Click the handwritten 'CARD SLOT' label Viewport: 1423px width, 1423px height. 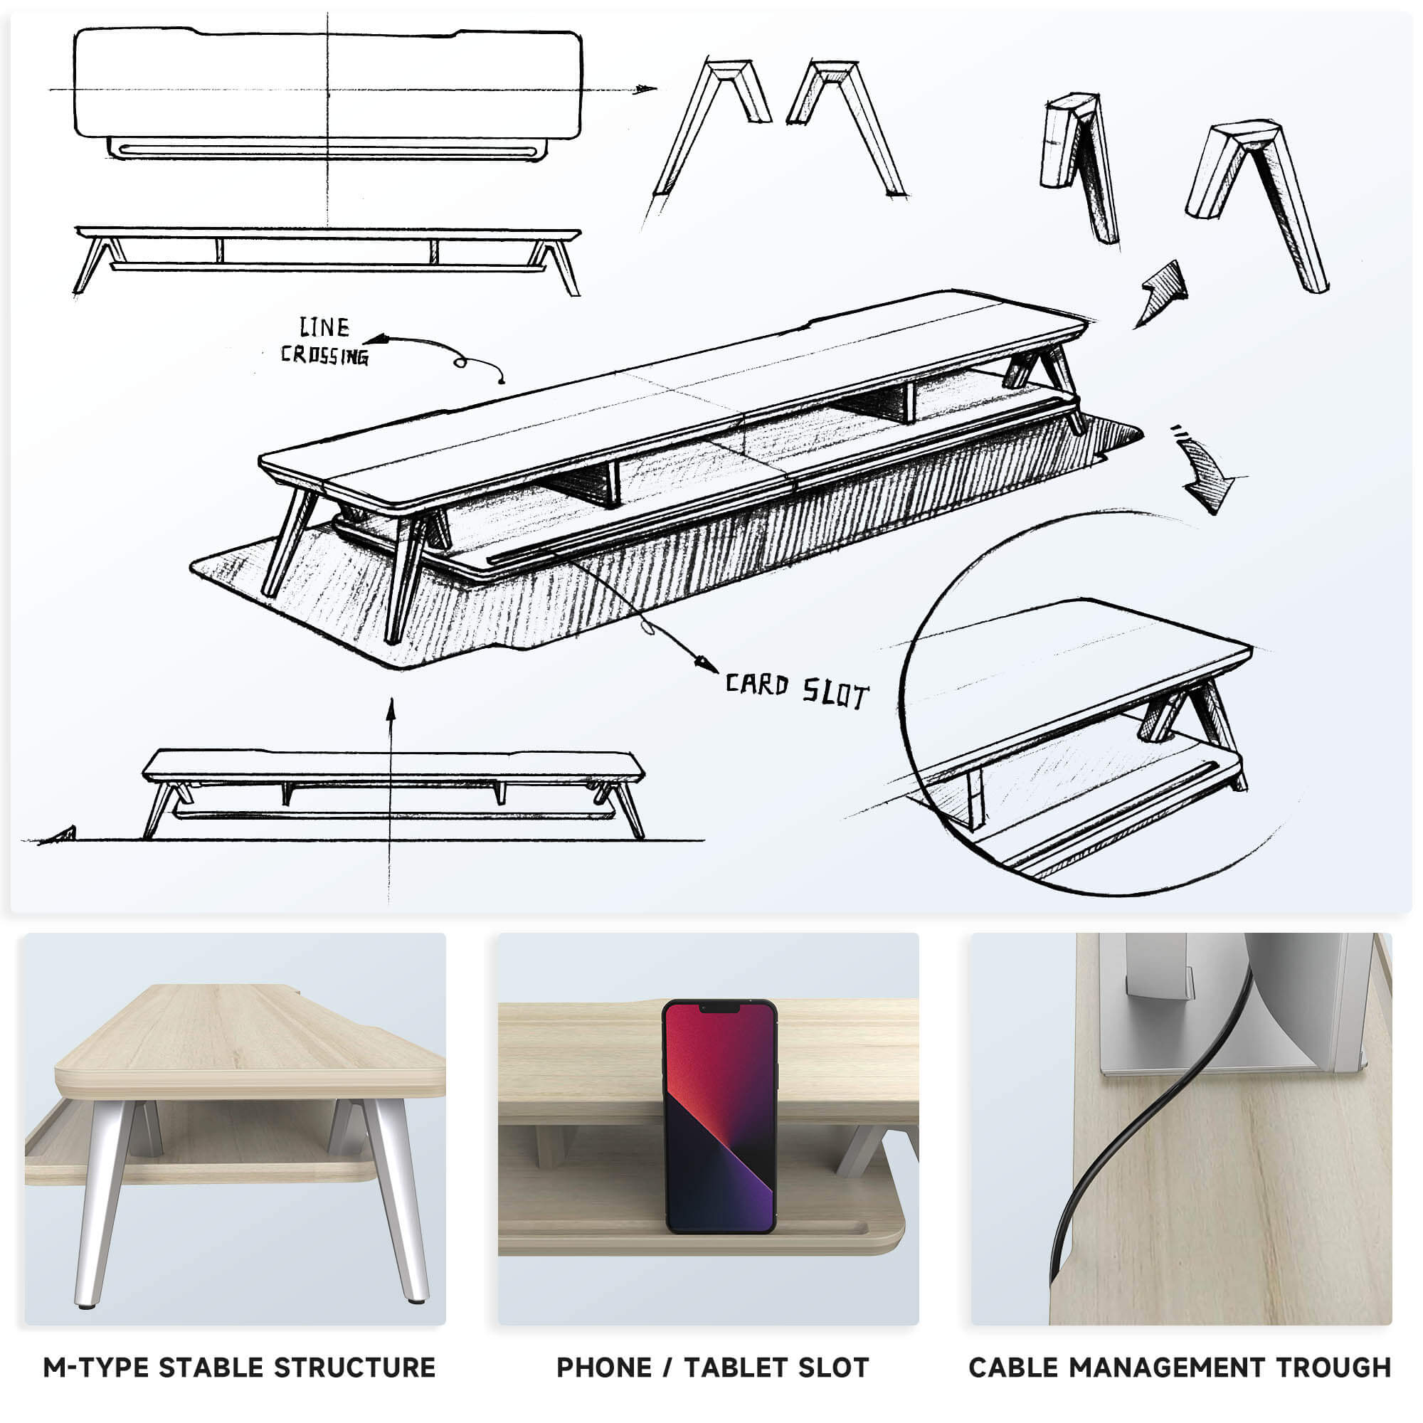pyautogui.click(x=797, y=691)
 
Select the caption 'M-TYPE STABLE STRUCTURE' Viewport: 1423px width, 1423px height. pyautogui.click(x=239, y=1368)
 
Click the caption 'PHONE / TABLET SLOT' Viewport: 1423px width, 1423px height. pyautogui.click(x=712, y=1368)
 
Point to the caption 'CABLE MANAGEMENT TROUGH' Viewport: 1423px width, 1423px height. pyautogui.click(x=1179, y=1368)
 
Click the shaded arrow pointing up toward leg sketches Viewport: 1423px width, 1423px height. pyautogui.click(x=1163, y=293)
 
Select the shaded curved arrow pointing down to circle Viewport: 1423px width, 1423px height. pyautogui.click(x=1205, y=475)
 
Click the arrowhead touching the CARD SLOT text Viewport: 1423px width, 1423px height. pyautogui.click(x=707, y=664)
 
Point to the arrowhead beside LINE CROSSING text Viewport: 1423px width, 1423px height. pyautogui.click(x=376, y=339)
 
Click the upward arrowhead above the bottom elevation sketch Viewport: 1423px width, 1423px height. pyautogui.click(x=391, y=709)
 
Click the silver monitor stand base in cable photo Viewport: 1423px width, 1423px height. pyautogui.click(x=1208, y=1061)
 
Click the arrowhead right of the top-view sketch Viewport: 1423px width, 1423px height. pyautogui.click(x=645, y=89)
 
